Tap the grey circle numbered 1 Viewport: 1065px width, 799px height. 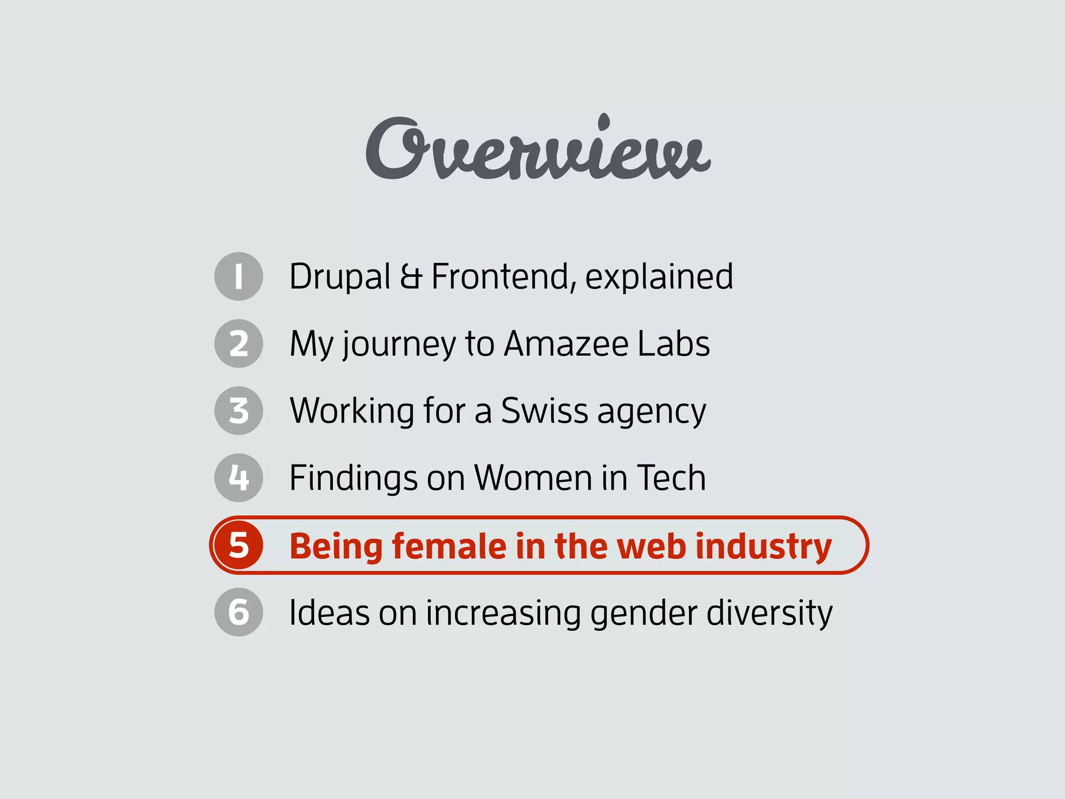point(239,276)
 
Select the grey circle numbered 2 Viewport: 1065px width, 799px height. point(239,343)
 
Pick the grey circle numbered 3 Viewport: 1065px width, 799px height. point(239,410)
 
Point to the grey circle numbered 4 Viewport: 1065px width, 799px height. point(239,478)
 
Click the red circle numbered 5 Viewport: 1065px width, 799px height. point(239,545)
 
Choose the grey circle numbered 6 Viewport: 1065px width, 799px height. point(239,612)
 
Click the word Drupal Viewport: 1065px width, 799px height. point(340,277)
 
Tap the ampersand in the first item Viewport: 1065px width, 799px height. point(411,277)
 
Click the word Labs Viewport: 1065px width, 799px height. point(673,344)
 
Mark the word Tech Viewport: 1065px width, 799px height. point(671,478)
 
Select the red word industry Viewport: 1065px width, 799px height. point(763,547)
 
